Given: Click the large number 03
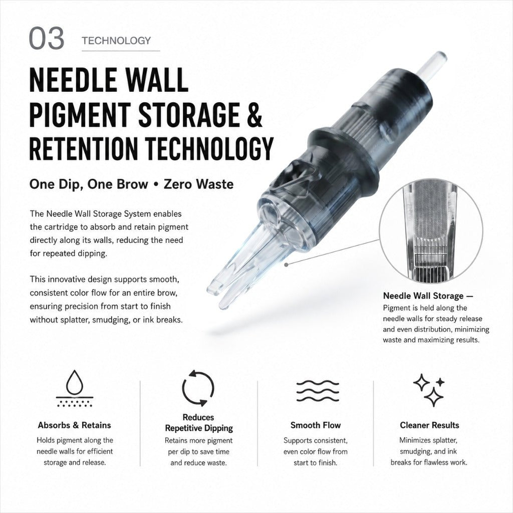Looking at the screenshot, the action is (x=47, y=38).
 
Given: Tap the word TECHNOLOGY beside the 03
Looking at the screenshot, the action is (x=116, y=41).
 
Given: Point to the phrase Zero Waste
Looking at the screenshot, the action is (x=198, y=184).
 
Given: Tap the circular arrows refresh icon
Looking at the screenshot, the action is (x=198, y=388).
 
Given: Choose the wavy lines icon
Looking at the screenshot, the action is (x=318, y=391).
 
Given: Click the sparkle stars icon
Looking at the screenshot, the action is (x=429, y=390).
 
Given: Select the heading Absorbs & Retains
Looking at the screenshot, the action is (x=74, y=425).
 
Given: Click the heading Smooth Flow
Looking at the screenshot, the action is (x=316, y=425).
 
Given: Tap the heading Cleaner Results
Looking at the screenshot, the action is (x=429, y=425).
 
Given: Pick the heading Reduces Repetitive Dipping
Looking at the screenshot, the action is (x=198, y=422).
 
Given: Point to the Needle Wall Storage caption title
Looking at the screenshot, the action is (x=428, y=296).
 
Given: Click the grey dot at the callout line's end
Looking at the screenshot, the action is (x=286, y=265).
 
